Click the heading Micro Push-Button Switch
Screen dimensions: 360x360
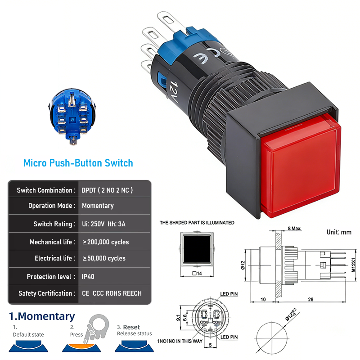(78, 162)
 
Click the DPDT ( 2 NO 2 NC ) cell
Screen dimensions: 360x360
(107, 190)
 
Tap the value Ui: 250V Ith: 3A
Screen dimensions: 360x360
(105, 224)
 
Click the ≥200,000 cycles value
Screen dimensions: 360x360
(106, 242)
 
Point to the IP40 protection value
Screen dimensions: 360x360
(88, 277)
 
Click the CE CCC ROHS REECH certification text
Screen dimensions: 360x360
(112, 293)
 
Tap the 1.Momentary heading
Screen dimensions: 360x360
(42, 317)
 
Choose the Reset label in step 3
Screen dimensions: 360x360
(132, 327)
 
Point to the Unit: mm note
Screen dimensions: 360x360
(339, 232)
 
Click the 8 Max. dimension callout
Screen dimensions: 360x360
(295, 229)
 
